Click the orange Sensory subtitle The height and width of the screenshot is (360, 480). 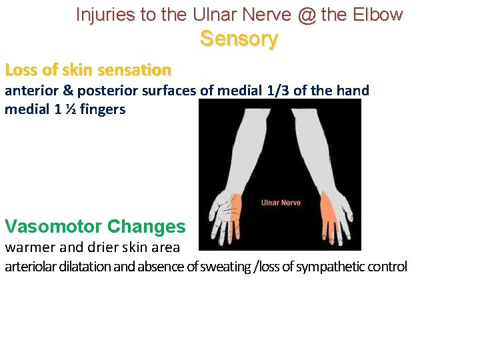pyautogui.click(x=239, y=39)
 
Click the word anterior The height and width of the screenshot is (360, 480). pyautogui.click(x=31, y=91)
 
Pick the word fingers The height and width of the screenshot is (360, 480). pyautogui.click(x=102, y=109)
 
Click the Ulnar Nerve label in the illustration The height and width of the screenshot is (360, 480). pyautogui.click(x=280, y=203)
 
